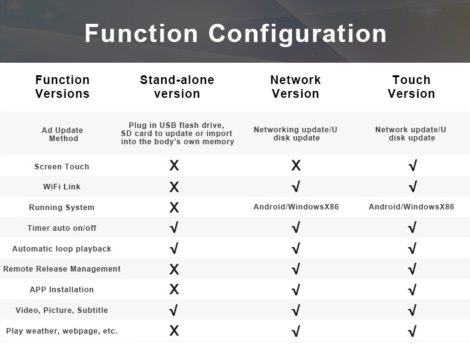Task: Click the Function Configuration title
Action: pos(236,34)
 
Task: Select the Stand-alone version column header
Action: pos(177,87)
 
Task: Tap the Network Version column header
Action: pos(296,87)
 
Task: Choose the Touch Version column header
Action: pos(411,87)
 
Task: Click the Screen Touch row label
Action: pos(62,166)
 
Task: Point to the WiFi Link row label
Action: pos(62,187)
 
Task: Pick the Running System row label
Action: pos(62,208)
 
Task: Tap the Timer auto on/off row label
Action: pos(62,228)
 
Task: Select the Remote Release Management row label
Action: pos(62,269)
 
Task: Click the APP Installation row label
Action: pos(62,290)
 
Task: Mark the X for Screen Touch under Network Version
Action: pos(296,166)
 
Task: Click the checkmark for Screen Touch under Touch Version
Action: pos(413,166)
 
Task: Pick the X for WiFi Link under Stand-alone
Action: pos(174,187)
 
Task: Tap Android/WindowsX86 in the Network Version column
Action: pos(296,207)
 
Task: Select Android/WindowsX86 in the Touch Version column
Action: pos(411,207)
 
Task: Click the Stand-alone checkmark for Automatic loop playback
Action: pos(174,248)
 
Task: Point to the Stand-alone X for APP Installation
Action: pos(174,289)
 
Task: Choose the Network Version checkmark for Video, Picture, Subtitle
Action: pos(296,310)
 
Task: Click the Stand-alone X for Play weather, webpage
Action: pos(174,331)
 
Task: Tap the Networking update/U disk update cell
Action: pos(296,134)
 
